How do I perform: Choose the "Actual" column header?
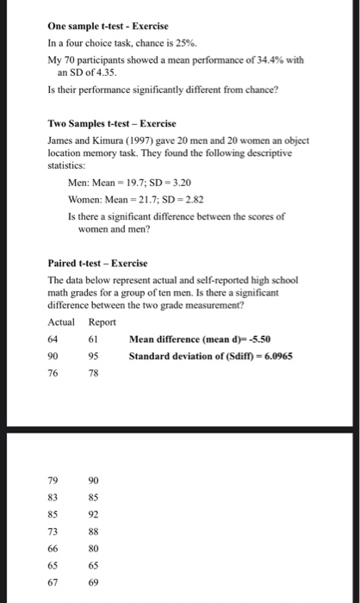tap(62, 321)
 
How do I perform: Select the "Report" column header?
tap(102, 321)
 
